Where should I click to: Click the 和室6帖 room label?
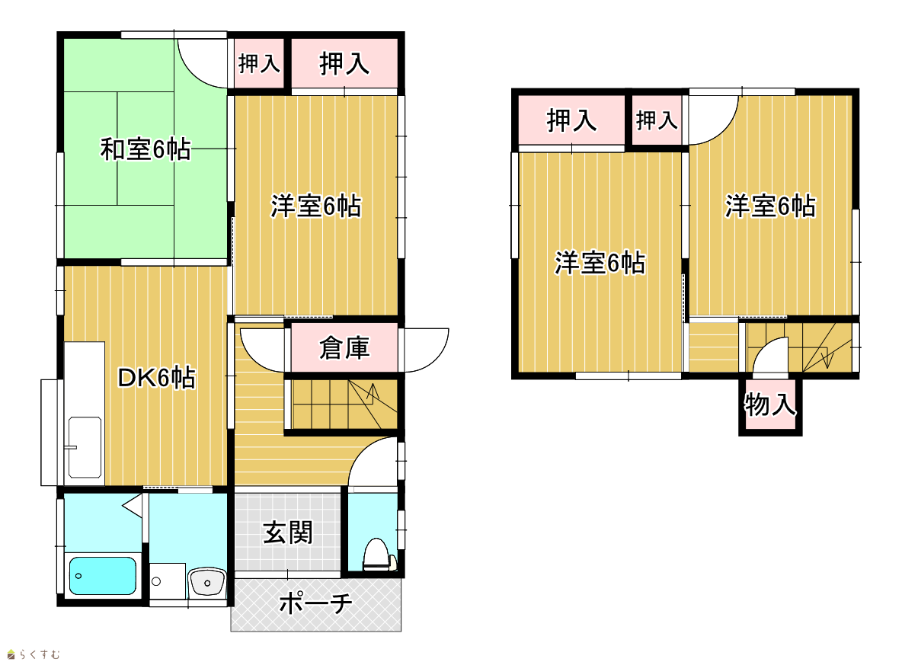[145, 149]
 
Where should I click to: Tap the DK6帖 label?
[156, 377]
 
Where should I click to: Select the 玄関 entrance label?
[288, 532]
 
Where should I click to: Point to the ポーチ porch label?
[316, 603]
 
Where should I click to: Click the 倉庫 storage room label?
[344, 348]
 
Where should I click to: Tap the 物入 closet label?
[769, 404]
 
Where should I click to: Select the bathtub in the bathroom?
[102, 575]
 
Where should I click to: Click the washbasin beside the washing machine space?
[206, 582]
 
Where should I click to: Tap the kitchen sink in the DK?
[85, 447]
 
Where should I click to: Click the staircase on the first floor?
[343, 404]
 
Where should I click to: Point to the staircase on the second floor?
[799, 347]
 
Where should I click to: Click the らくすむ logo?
[34, 654]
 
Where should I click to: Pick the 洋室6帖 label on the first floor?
[316, 206]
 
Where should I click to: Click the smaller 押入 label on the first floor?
[259, 63]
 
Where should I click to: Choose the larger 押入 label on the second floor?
[571, 120]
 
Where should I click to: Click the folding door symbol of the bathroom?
[133, 506]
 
